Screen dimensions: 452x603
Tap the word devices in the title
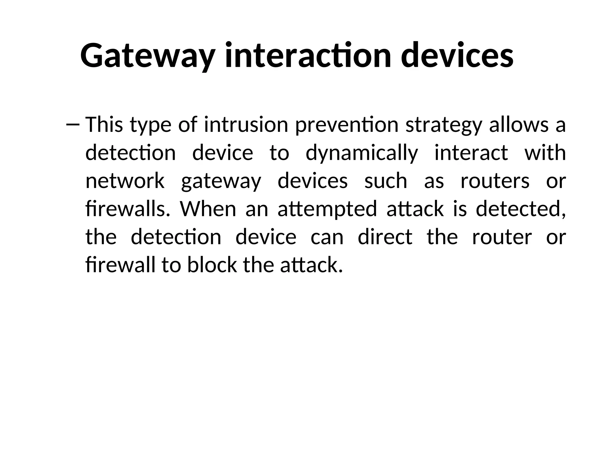[x=457, y=55]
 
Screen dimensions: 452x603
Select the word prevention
[x=347, y=125]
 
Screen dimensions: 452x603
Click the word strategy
[x=443, y=125]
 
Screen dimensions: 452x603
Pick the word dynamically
[x=362, y=153]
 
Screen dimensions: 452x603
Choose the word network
[x=125, y=181]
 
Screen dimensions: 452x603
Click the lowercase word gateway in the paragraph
[x=221, y=181]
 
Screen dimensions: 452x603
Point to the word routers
[x=495, y=181]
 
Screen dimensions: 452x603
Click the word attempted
[x=327, y=209]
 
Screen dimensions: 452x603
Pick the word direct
[x=385, y=237]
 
